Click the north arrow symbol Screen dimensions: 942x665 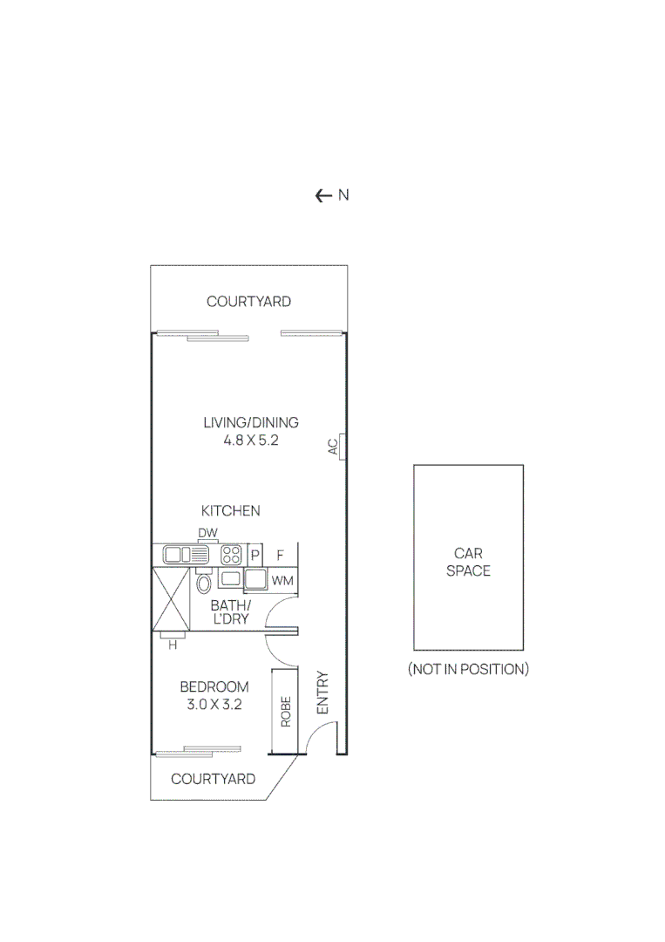pos(323,195)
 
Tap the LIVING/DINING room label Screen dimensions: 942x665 pos(251,423)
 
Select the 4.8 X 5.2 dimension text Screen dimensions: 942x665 pos(251,440)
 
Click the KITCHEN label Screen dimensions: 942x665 pos(231,511)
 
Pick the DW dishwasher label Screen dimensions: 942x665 pos(207,533)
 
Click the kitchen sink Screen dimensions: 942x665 pos(181,554)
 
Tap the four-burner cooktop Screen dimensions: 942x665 pos(232,554)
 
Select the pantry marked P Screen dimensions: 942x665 pos(255,555)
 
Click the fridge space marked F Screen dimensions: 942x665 pos(281,555)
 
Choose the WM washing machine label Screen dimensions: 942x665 pos(282,580)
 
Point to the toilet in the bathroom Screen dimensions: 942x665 pos(205,583)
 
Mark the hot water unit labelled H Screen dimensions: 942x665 pos(173,645)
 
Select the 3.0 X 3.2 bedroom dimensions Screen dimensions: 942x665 pos(214,704)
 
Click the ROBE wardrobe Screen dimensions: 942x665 pos(284,712)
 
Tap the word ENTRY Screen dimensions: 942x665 pos(322,693)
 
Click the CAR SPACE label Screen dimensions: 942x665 pos(468,563)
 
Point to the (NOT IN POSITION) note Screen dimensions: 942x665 pos(468,670)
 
